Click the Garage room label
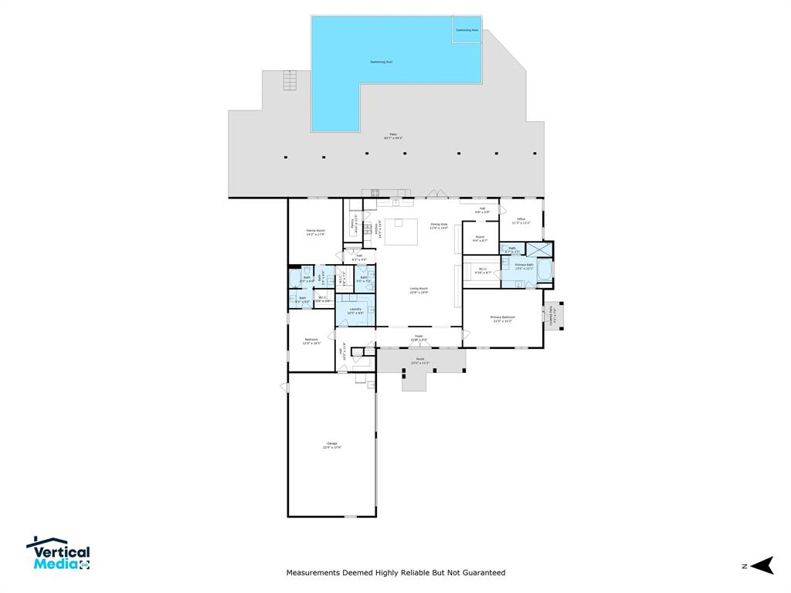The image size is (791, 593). point(331,446)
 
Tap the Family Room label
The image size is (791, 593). point(315,232)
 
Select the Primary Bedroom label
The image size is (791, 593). point(503,319)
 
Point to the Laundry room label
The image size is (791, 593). point(355,310)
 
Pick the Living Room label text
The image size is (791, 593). point(419,290)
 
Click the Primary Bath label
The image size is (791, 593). point(525,266)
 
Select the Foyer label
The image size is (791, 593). point(419,337)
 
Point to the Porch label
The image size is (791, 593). point(419,361)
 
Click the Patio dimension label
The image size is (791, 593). point(392,137)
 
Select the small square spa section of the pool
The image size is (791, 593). point(467,30)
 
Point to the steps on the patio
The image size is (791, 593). point(290,80)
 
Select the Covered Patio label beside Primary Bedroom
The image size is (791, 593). point(552,316)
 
